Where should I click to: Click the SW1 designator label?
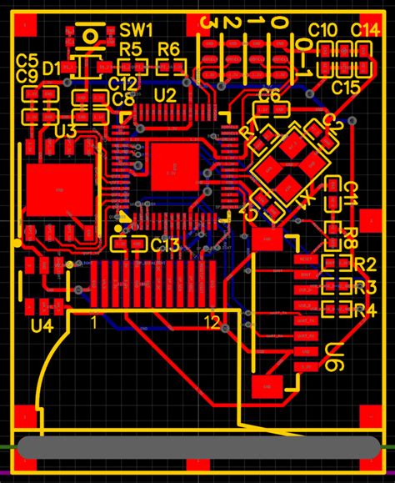point(136,30)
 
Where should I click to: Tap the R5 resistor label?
point(130,49)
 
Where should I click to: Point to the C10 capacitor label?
point(323,30)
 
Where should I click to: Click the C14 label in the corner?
point(365,30)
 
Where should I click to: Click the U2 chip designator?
point(165,95)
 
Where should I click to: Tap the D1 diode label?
point(51,67)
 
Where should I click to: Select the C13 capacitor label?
point(165,244)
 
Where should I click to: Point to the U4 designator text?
point(41,325)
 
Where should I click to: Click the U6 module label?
point(335,356)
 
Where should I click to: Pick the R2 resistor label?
point(365,265)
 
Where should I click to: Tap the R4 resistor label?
point(365,311)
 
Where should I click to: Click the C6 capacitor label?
point(268,95)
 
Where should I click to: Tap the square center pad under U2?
point(175,166)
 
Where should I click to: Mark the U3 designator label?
point(65,132)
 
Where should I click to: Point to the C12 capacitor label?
point(122,83)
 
